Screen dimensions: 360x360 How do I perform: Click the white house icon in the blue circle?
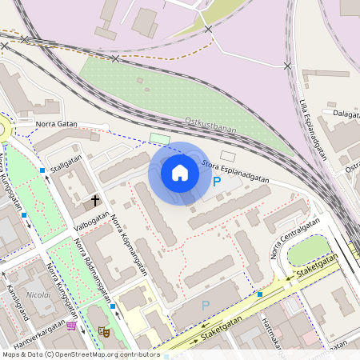click(x=180, y=172)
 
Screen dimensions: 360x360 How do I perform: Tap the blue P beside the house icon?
click(x=217, y=182)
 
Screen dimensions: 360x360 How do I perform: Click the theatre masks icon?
click(x=102, y=330)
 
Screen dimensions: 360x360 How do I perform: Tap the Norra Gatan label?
click(x=56, y=124)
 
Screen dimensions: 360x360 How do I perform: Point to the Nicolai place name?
click(x=39, y=294)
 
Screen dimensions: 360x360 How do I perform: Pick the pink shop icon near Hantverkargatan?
click(x=71, y=325)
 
